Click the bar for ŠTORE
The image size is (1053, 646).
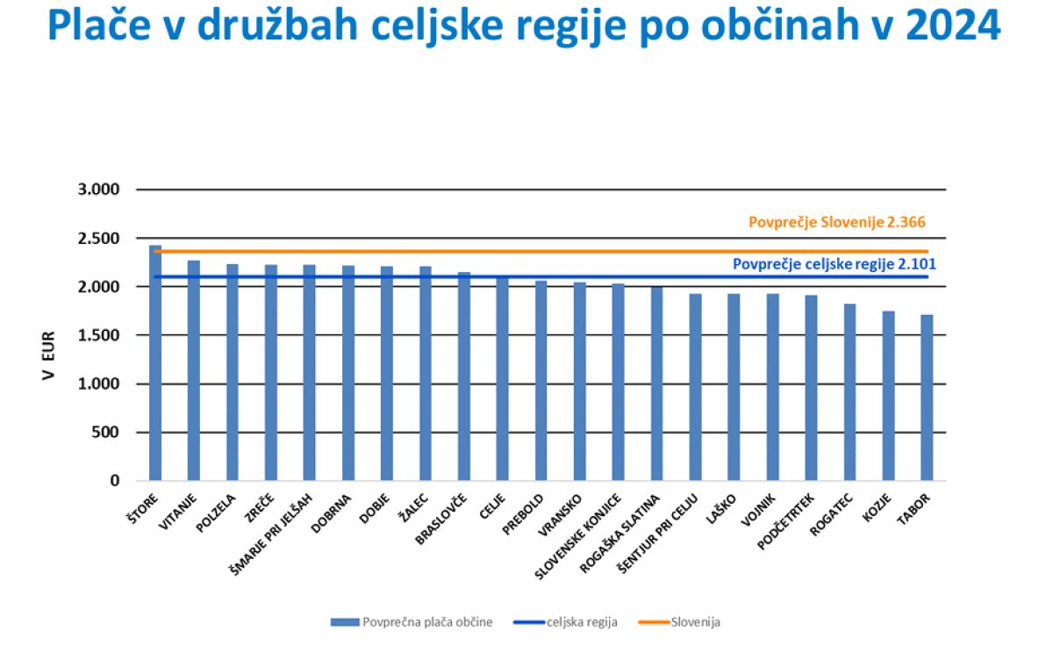coord(155,363)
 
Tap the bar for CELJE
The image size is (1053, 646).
coord(502,378)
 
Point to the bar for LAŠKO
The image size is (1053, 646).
coord(734,387)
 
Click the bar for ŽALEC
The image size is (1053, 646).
coord(425,374)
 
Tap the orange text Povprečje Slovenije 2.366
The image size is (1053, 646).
coord(836,223)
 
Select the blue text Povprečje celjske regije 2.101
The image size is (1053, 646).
coord(829,262)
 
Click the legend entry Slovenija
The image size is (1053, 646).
coord(695,622)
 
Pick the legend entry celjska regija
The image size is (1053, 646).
coord(582,622)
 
